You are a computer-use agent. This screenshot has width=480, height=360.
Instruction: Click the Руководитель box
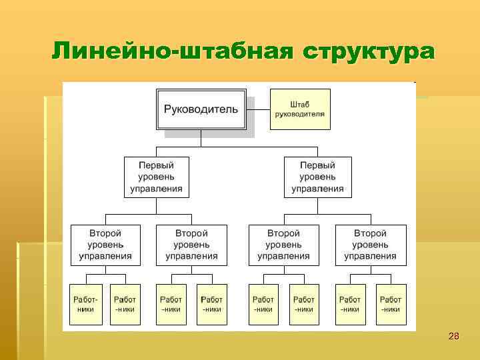[201, 109]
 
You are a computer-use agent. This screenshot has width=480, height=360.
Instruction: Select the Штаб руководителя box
[299, 109]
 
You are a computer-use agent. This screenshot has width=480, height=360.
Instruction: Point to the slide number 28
[453, 336]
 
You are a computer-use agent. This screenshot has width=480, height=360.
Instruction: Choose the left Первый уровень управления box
[157, 177]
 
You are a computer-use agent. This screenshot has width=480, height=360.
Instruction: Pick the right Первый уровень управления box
[317, 177]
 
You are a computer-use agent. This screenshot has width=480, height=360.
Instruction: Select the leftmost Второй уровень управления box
[105, 245]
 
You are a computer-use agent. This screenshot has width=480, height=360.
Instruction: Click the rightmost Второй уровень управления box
[370, 245]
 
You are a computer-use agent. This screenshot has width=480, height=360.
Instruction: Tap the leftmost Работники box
[85, 304]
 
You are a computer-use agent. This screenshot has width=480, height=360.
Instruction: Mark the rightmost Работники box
[391, 304]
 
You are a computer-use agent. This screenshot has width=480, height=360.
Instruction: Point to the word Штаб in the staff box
[299, 104]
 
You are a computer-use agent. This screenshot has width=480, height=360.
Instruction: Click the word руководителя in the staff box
[299, 114]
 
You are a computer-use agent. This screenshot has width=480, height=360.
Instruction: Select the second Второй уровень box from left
[191, 245]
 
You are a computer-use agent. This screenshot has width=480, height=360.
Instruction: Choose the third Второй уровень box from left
[283, 245]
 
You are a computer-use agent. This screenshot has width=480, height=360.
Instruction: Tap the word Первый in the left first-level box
[157, 165]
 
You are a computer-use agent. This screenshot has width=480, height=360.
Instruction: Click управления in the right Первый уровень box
[317, 189]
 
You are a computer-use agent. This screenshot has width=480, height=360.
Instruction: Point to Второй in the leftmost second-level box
[105, 233]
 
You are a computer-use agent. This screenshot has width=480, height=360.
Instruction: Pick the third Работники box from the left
[171, 304]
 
